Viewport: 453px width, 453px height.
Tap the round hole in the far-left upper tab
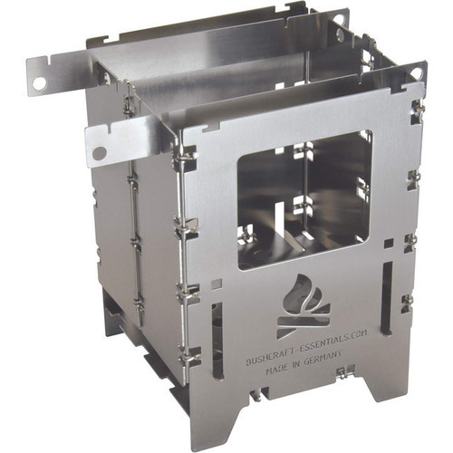(39, 83)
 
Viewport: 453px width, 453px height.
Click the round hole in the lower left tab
(99, 153)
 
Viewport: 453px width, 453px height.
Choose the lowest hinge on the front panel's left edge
(190, 355)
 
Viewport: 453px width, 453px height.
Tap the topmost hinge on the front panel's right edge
(417, 109)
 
